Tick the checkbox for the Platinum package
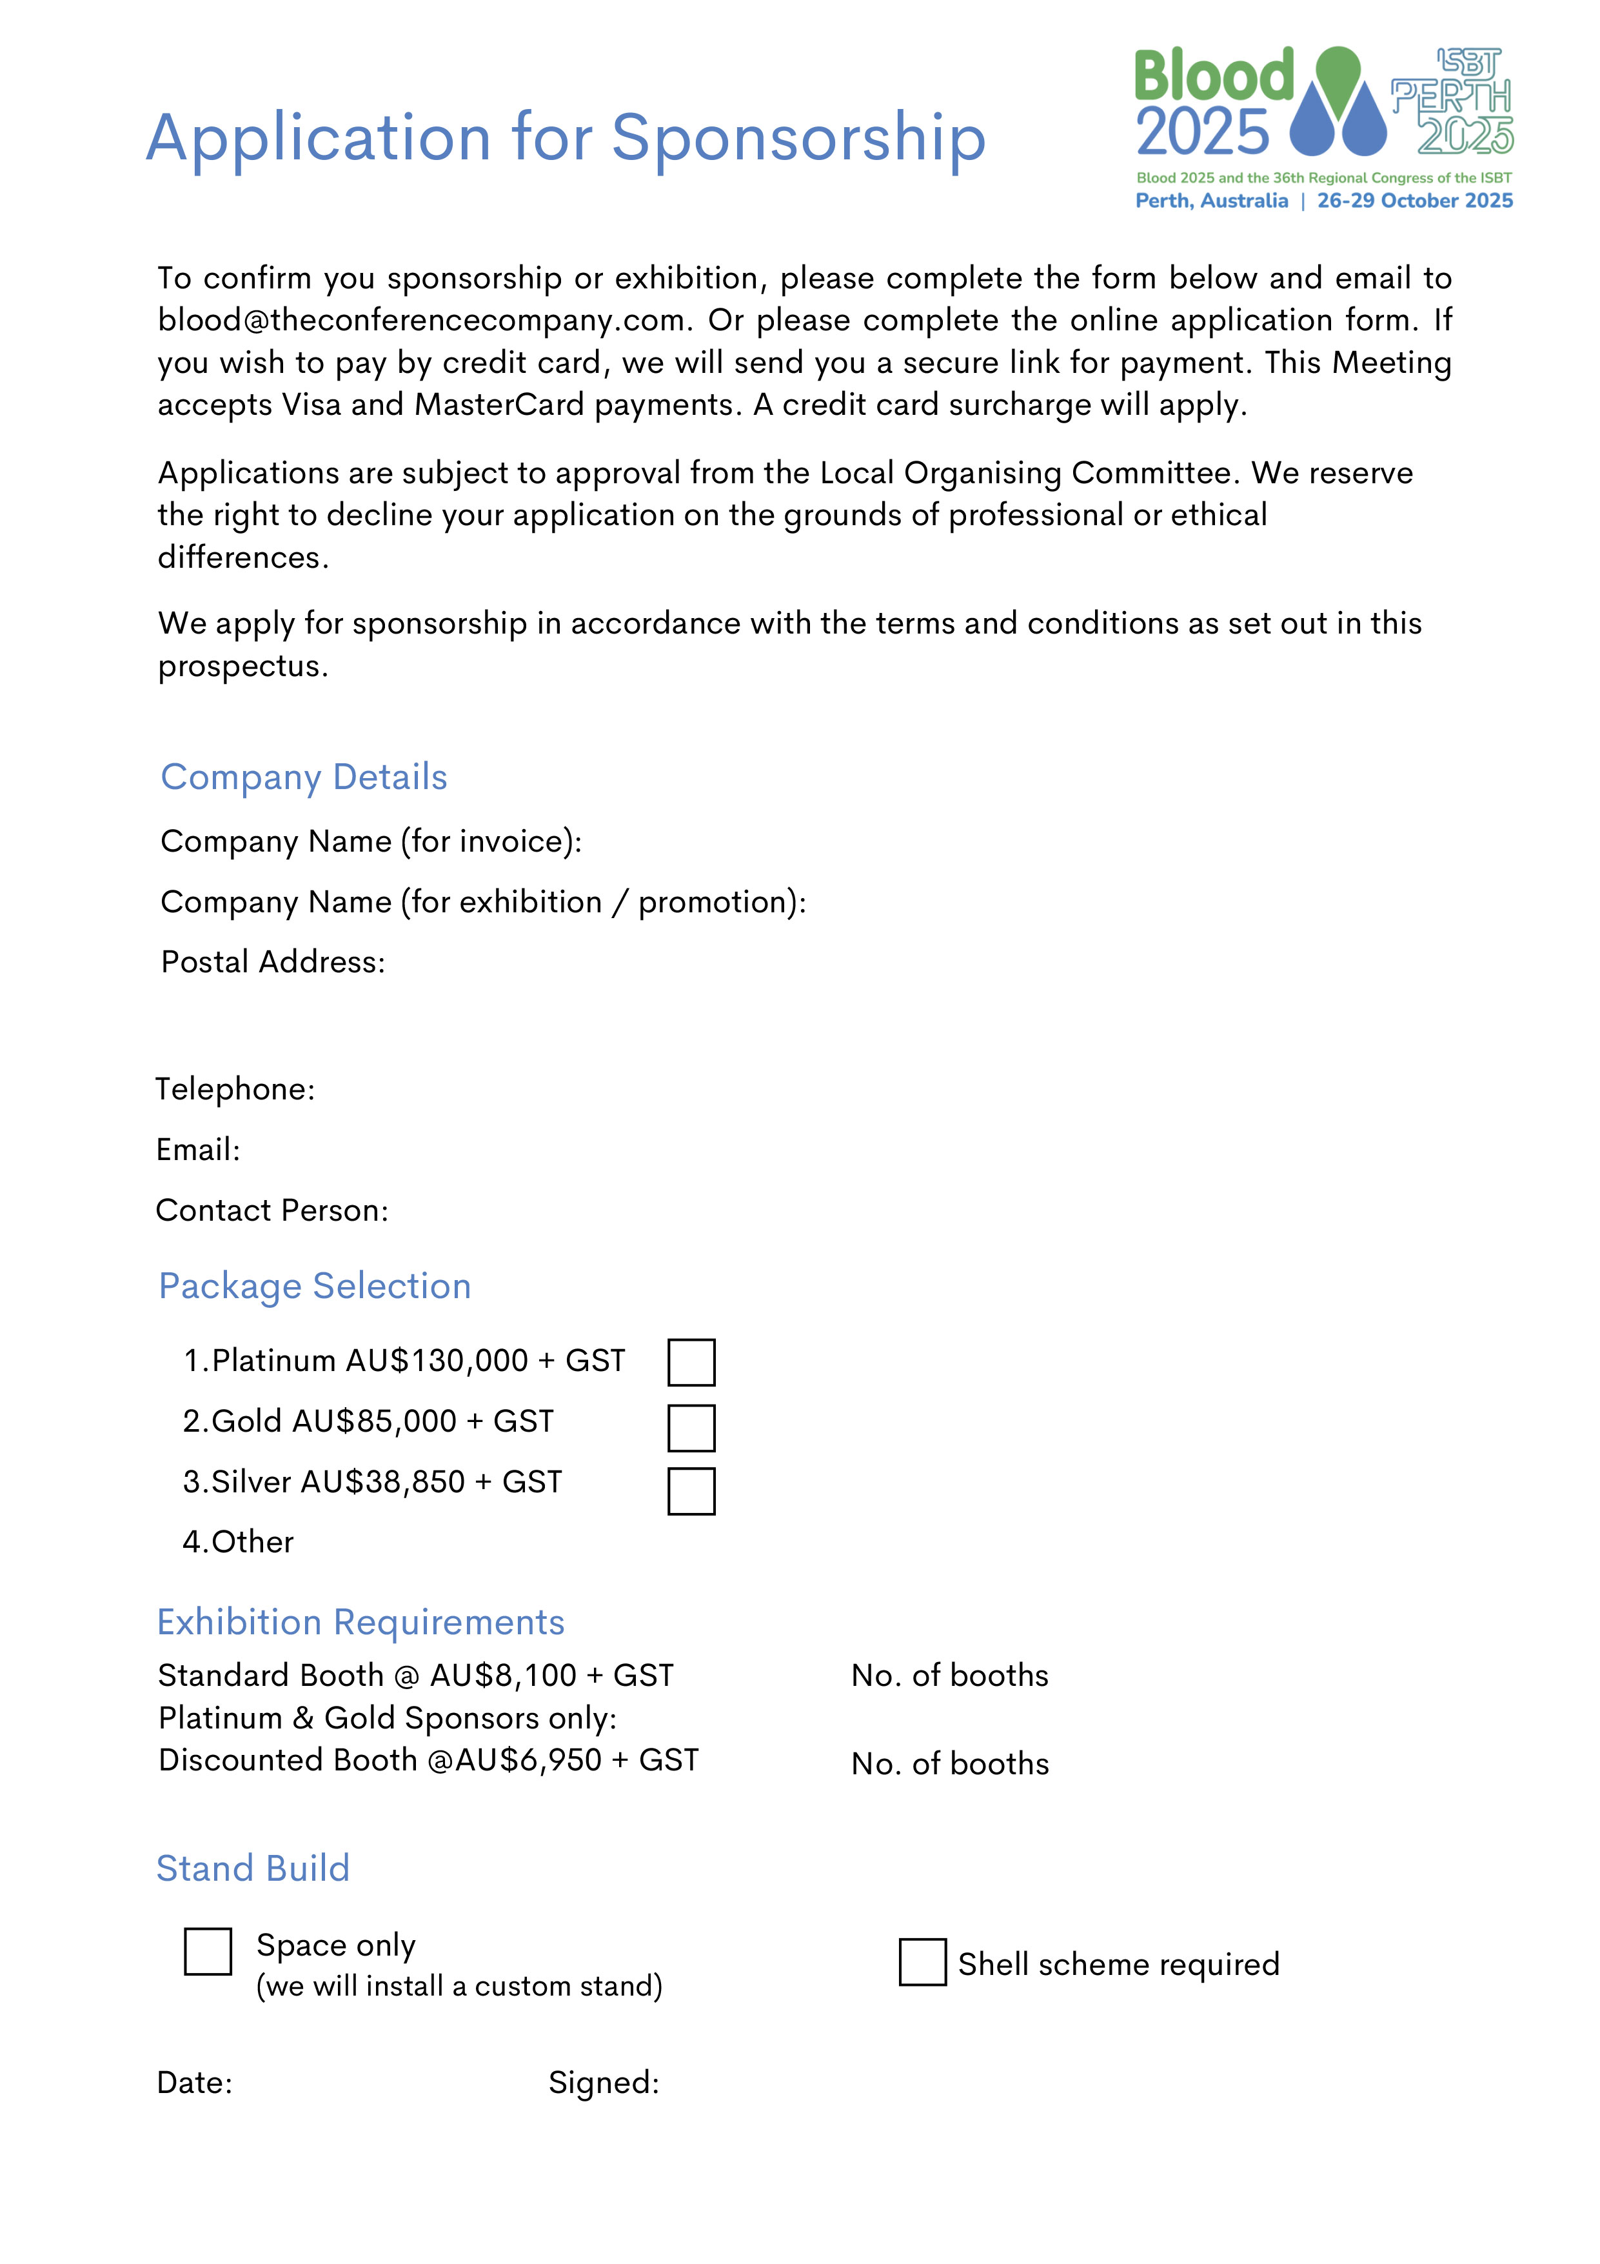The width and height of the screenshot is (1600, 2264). tap(691, 1362)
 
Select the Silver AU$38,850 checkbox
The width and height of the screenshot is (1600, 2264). tap(691, 1491)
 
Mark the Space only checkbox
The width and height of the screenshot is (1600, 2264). tap(208, 1952)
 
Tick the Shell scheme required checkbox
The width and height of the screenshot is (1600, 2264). tap(923, 1961)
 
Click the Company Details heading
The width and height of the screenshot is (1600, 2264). tap(304, 777)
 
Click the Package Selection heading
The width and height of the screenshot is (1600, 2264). tap(315, 1286)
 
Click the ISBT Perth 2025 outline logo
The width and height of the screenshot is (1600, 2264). tap(1453, 101)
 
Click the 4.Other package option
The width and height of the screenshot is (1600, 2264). tap(239, 1541)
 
